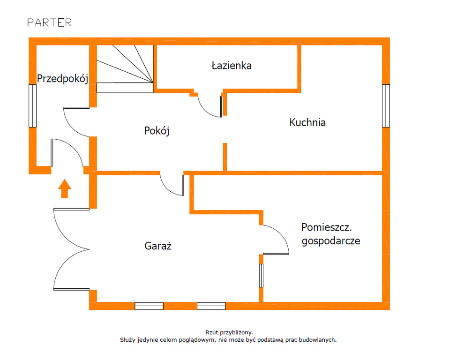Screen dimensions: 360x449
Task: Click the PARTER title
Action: coord(49,22)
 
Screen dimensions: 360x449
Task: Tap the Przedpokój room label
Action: coord(62,79)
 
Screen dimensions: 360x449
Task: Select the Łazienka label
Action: coord(231,66)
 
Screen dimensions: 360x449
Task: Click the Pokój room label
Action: coord(157,131)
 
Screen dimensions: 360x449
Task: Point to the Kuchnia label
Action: coord(307,123)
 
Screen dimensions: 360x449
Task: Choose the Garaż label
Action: coord(158,245)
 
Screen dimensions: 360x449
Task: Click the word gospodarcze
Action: coord(331,241)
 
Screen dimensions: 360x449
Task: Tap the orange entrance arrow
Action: coord(64,188)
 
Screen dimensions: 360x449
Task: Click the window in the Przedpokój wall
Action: coord(32,106)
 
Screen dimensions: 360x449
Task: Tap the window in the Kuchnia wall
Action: coord(386,106)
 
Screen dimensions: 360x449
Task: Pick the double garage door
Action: coord(70,249)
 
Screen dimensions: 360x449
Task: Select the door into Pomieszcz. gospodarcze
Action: coord(276,240)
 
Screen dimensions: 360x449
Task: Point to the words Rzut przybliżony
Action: coord(229,332)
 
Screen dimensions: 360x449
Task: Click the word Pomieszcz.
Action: coord(327,228)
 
